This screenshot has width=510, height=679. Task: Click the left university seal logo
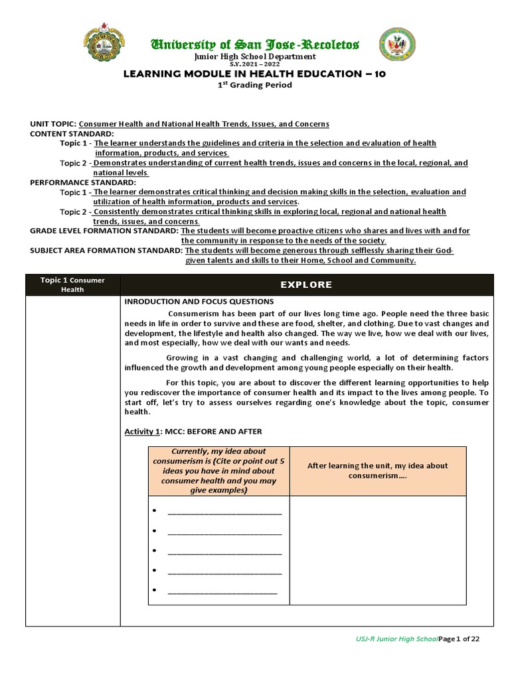tap(104, 46)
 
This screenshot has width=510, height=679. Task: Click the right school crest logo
tap(397, 46)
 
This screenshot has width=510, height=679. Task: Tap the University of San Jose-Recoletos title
tap(255, 44)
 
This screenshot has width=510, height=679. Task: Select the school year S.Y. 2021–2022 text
tap(255, 64)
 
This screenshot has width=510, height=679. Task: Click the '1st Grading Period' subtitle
tap(255, 85)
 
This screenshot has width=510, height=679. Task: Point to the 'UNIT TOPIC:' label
tap(53, 124)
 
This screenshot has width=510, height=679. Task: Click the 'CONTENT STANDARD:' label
tap(72, 133)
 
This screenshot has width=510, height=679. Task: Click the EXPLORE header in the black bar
tap(306, 284)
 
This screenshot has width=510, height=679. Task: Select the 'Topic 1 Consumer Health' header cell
tap(72, 284)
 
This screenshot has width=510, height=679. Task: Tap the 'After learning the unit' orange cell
tap(377, 471)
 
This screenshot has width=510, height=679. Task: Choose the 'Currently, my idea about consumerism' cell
tap(218, 471)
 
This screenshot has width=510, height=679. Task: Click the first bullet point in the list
tap(154, 511)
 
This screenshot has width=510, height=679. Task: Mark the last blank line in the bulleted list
tap(222, 590)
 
